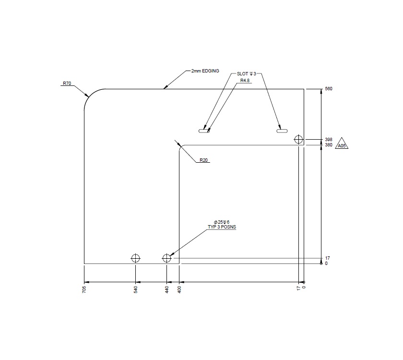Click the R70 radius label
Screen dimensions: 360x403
[67, 84]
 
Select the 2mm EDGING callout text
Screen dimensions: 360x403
[205, 71]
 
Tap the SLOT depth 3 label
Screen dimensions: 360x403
[247, 74]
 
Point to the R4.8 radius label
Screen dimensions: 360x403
[245, 81]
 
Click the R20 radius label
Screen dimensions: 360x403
[204, 160]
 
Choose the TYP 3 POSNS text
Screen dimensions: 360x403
[222, 227]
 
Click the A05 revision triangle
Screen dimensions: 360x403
[342, 145]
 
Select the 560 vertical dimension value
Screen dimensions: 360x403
[329, 89]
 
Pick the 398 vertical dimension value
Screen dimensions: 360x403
[329, 140]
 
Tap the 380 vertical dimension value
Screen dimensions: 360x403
[329, 145]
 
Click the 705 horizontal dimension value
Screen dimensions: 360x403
[84, 289]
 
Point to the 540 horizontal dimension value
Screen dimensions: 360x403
[136, 289]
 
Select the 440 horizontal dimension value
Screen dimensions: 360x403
[167, 289]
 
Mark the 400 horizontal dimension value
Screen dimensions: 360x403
[179, 289]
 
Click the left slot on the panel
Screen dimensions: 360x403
[204, 130]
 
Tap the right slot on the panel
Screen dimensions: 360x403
[281, 130]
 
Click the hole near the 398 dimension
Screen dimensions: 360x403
[299, 140]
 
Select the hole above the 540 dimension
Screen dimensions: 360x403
[136, 258]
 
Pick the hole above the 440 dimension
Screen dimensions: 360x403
[166, 258]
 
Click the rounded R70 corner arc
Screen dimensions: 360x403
[91, 96]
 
